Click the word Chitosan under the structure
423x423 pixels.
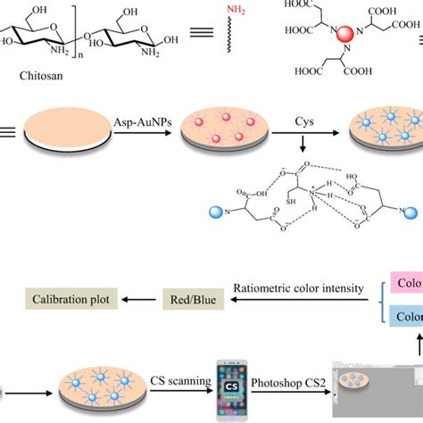coord(43,76)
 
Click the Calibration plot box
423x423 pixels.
coord(67,324)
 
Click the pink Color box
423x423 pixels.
coord(406,311)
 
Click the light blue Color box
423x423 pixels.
coord(406,341)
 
